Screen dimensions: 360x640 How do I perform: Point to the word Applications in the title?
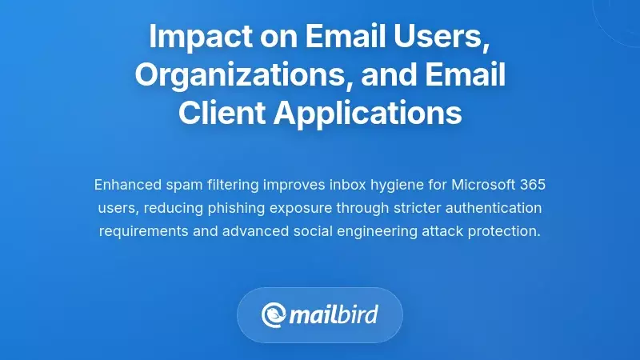tap(368, 113)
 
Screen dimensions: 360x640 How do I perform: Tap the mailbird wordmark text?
tap(334, 314)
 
